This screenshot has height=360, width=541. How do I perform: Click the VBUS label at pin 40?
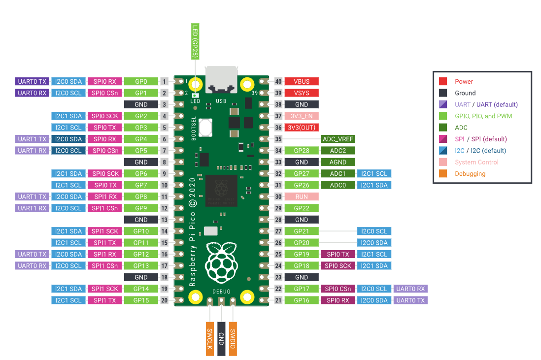(302, 81)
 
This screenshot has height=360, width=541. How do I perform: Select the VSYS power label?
(302, 93)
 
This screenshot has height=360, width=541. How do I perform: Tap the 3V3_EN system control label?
(302, 116)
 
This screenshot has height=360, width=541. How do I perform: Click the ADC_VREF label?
(338, 139)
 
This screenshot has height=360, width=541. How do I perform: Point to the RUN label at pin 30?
(302, 196)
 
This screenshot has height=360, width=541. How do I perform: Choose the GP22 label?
(302, 208)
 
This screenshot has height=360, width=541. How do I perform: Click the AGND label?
(338, 162)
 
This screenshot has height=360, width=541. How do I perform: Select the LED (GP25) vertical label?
(195, 41)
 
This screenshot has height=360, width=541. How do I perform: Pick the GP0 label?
(141, 81)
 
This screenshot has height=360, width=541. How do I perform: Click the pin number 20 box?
(165, 300)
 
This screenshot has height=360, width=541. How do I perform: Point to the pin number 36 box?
(278, 127)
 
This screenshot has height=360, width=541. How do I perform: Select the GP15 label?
(141, 300)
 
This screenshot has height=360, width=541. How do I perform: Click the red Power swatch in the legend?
(443, 81)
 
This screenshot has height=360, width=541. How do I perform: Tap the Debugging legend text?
(470, 173)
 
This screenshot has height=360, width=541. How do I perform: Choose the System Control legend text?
(476, 162)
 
